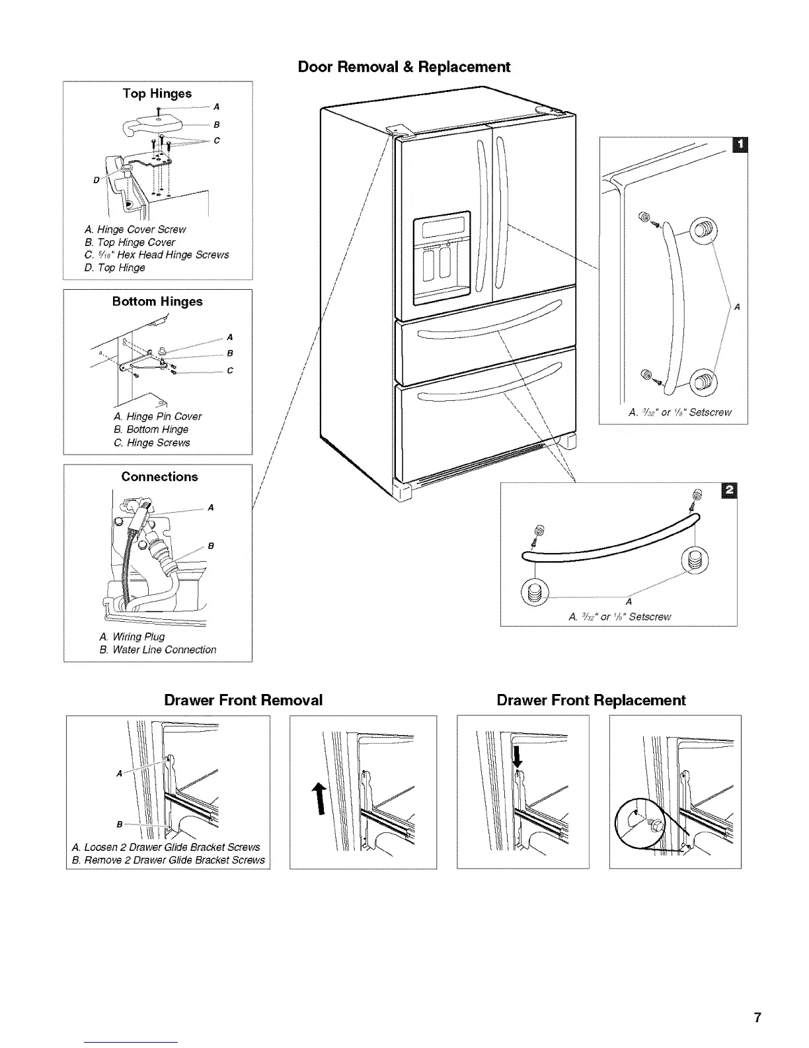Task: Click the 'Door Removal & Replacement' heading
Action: (404, 67)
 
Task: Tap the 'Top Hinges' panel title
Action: (157, 93)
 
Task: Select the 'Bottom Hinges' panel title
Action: (157, 302)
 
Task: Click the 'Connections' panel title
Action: (159, 477)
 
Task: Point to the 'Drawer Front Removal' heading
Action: (243, 700)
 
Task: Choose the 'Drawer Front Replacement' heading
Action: (591, 700)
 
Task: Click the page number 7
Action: (757, 1018)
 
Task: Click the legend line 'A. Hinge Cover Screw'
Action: (135, 230)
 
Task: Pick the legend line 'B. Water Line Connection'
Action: (158, 650)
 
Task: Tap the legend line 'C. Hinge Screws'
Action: (152, 443)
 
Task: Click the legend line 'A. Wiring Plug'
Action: (132, 636)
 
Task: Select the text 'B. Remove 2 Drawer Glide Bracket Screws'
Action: (169, 860)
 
